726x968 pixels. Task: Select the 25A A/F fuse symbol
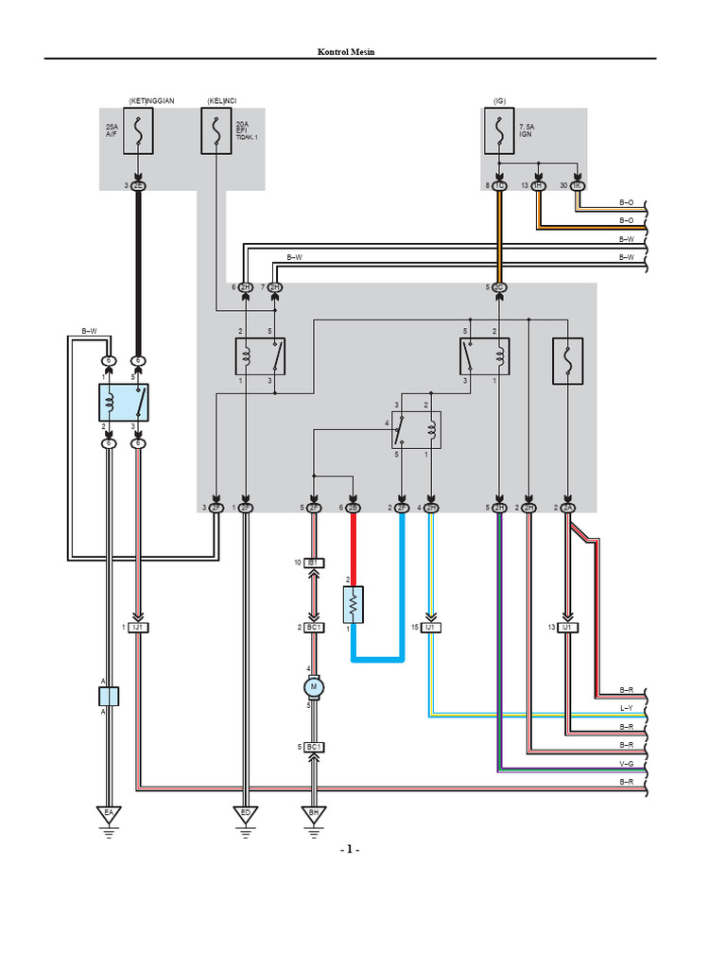[139, 132]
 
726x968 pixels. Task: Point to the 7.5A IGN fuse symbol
[499, 131]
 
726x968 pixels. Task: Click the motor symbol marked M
[314, 686]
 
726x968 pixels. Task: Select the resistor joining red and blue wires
[353, 601]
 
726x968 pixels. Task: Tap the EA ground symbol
[109, 812]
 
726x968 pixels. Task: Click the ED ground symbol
[246, 812]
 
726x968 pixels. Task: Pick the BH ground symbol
[314, 812]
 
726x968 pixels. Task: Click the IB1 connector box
[314, 562]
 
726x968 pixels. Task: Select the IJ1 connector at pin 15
[431, 628]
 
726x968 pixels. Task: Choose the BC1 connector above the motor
[314, 628]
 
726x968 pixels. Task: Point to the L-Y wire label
[626, 708]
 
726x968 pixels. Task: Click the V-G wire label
[626, 762]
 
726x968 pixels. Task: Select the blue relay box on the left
[124, 403]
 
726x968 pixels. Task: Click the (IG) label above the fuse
[499, 100]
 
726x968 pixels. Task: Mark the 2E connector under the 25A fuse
[139, 186]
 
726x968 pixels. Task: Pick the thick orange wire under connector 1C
[499, 236]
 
